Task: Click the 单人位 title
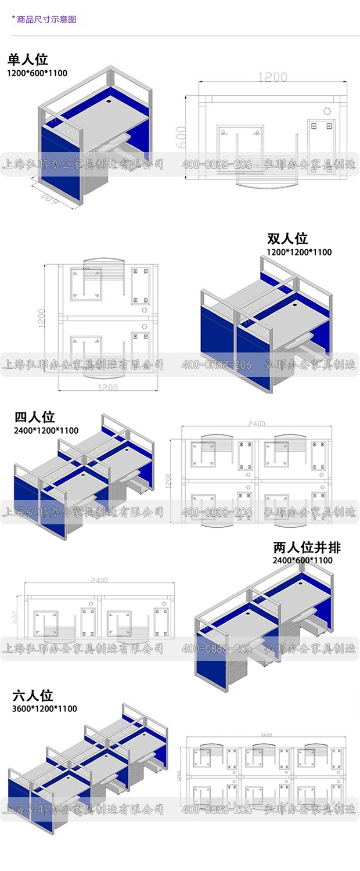coord(27,59)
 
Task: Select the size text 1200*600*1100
coord(37,73)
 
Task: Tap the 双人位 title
coord(287,239)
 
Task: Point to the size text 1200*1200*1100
coord(299,252)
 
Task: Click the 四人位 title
coord(34,417)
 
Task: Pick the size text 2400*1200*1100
coord(46,431)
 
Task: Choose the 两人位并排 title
coord(307,547)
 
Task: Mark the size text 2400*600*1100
coord(303,560)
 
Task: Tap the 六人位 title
coord(33,695)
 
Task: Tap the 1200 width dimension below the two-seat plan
coord(107,387)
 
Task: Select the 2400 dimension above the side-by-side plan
coord(99,580)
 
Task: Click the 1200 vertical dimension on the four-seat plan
coord(168,479)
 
